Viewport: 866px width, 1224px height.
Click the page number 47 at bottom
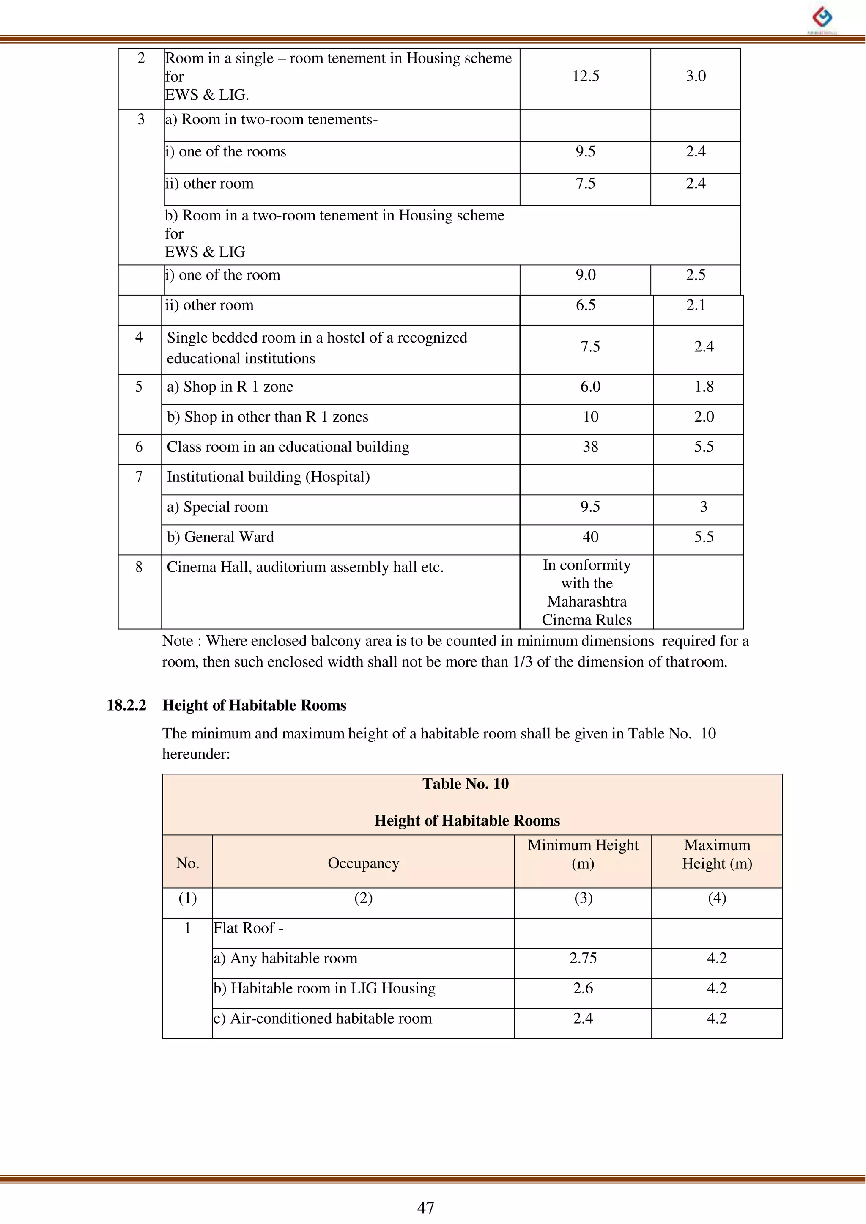click(x=425, y=1208)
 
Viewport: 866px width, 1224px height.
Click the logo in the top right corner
click(x=822, y=18)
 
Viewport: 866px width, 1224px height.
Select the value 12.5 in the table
click(x=586, y=76)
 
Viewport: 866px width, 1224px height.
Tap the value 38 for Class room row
click(x=590, y=447)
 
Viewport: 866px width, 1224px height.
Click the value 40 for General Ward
click(x=590, y=537)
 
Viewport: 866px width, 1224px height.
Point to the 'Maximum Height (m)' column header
click(x=717, y=854)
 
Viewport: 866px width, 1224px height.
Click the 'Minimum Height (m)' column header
click(x=583, y=854)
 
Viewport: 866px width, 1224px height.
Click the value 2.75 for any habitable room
click(x=583, y=958)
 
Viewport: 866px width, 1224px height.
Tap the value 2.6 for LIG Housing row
click(x=583, y=988)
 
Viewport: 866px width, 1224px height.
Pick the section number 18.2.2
click(x=126, y=705)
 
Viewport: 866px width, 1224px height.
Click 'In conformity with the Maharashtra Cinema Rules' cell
click(x=586, y=592)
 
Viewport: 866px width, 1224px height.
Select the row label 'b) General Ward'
click(x=220, y=537)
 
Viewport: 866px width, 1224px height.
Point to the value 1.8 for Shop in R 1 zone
click(x=704, y=387)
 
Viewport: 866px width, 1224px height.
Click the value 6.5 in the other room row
click(x=586, y=305)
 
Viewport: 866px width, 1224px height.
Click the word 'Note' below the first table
click(x=178, y=641)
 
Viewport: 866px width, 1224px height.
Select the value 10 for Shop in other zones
click(x=590, y=417)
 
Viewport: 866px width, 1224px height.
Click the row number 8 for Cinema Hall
click(x=139, y=567)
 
